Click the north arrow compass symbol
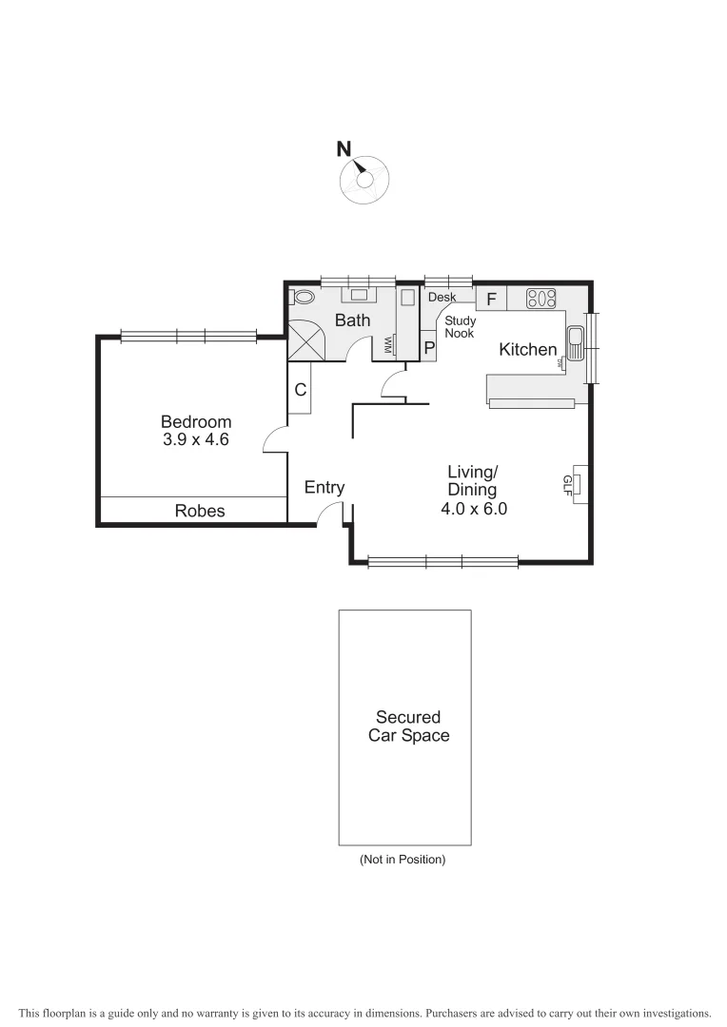pyautogui.click(x=363, y=179)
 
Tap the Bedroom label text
pyautogui.click(x=196, y=422)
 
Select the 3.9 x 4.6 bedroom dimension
pyautogui.click(x=196, y=440)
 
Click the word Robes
pyautogui.click(x=200, y=511)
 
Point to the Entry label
pyautogui.click(x=324, y=488)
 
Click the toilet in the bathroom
pyautogui.click(x=303, y=297)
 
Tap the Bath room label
pyautogui.click(x=352, y=320)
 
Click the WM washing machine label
pyautogui.click(x=388, y=345)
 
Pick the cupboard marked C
pyautogui.click(x=300, y=389)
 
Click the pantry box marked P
pyautogui.click(x=429, y=347)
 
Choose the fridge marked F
pyautogui.click(x=491, y=299)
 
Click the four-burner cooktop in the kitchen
pyautogui.click(x=540, y=299)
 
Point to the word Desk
pyautogui.click(x=442, y=298)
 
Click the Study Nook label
pyautogui.click(x=461, y=327)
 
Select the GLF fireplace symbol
pyautogui.click(x=577, y=485)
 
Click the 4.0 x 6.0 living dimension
pyautogui.click(x=473, y=509)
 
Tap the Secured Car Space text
pyautogui.click(x=407, y=727)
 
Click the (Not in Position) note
pyautogui.click(x=403, y=860)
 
